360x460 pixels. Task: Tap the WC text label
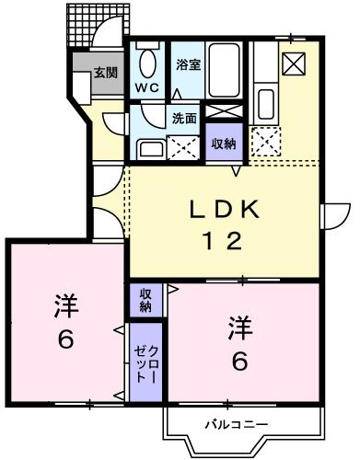tap(147, 88)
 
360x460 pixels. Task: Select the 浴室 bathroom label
tap(189, 65)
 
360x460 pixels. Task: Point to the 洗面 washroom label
tap(184, 119)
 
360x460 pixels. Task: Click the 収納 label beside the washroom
tap(224, 144)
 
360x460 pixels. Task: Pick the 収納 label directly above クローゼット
tap(145, 298)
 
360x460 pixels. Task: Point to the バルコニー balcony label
tap(237, 424)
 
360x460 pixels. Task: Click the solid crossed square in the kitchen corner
tap(295, 63)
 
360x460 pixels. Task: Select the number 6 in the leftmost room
tap(65, 339)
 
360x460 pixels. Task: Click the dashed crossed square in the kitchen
tap(268, 141)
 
